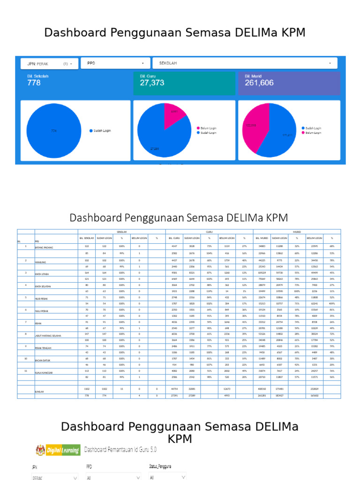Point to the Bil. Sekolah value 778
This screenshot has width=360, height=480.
[34, 83]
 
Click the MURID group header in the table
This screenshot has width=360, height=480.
[297, 232]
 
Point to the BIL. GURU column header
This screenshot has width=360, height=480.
[174, 238]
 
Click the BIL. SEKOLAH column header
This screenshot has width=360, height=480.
[87, 238]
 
